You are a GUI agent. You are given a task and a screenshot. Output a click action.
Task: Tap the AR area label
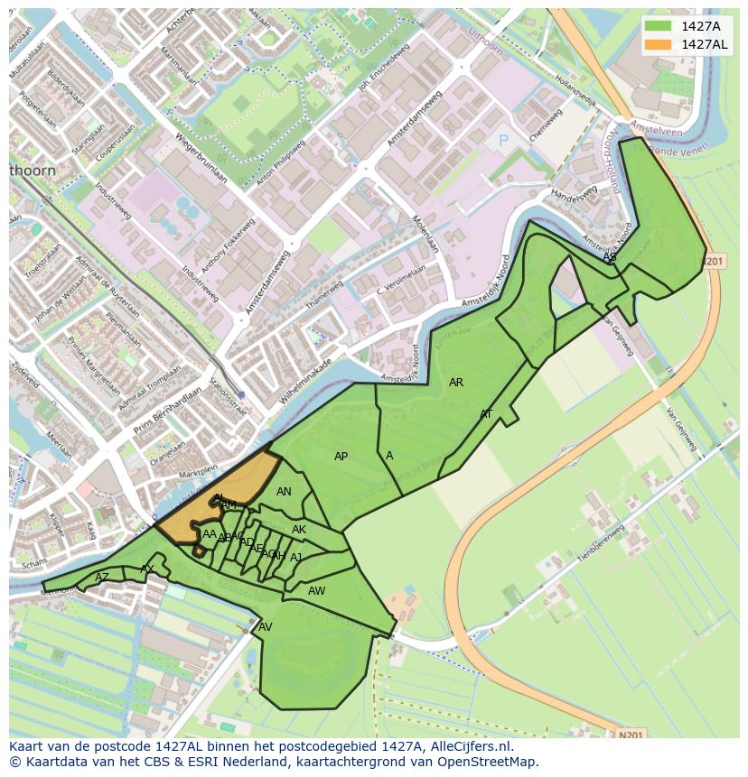(456, 383)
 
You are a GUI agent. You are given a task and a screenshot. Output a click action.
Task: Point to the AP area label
(341, 457)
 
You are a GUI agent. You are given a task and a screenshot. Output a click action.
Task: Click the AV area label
(266, 627)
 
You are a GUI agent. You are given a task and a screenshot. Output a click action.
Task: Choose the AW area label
(316, 591)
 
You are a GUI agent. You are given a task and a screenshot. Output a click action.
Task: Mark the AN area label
(284, 492)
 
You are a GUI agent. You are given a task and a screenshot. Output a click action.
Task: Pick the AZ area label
(102, 578)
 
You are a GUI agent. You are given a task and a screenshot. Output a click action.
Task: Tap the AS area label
(610, 257)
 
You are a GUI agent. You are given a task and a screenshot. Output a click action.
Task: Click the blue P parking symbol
(504, 142)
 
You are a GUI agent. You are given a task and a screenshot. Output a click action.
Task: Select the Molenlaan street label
(425, 233)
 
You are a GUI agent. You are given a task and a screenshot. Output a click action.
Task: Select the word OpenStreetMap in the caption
(487, 762)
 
